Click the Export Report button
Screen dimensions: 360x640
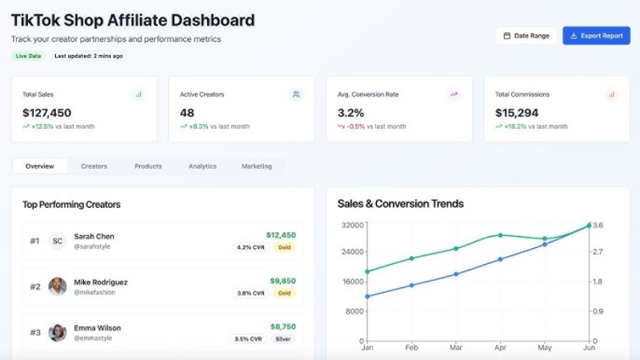click(596, 36)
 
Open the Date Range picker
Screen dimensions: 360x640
click(526, 36)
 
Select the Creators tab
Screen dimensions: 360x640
click(94, 166)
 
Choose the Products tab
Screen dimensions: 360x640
click(148, 166)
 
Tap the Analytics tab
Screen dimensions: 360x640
click(202, 166)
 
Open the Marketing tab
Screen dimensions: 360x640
click(257, 166)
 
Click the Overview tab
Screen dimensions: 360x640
click(40, 166)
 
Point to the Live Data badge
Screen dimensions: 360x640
click(29, 56)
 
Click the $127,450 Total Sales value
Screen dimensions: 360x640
click(46, 113)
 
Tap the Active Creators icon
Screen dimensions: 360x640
click(296, 94)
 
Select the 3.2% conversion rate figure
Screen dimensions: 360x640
click(350, 113)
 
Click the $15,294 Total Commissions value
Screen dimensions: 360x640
click(517, 113)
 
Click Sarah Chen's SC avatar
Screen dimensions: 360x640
click(57, 241)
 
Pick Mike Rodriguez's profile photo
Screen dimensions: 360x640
click(57, 286)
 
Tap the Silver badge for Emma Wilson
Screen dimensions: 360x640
click(283, 339)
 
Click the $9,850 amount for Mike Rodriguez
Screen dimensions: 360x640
click(282, 281)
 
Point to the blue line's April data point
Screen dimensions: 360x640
click(500, 259)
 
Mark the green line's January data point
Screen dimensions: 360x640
click(367, 271)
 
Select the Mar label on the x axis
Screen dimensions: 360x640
click(456, 349)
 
